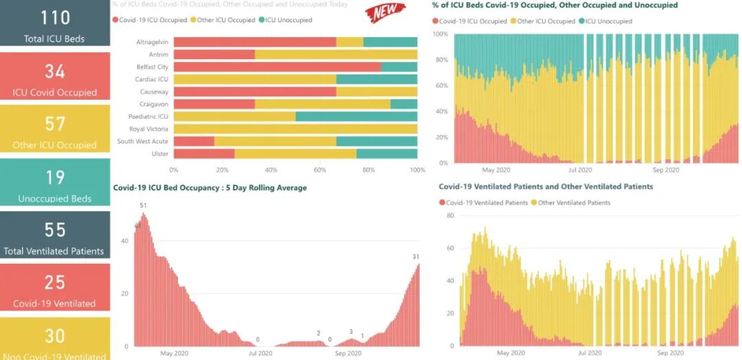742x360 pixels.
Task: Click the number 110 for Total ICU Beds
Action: click(54, 18)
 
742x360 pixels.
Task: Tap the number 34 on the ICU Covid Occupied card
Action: click(54, 71)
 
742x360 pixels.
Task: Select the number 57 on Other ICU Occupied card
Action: click(54, 124)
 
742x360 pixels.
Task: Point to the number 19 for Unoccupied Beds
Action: click(54, 177)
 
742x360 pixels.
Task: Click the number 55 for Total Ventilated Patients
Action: click(54, 229)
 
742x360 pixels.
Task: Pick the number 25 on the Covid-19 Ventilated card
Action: click(54, 282)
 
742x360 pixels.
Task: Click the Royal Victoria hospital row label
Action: click(149, 128)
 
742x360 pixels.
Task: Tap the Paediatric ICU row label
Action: click(151, 116)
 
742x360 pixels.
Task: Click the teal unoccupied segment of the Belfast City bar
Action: click(399, 67)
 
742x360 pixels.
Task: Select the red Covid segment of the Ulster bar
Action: click(203, 153)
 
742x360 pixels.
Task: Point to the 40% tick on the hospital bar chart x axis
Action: click(271, 170)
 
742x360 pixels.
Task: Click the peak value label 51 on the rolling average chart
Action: click(143, 205)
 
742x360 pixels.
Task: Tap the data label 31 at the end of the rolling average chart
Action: click(416, 257)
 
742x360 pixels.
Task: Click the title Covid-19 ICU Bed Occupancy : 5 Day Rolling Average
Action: click(210, 188)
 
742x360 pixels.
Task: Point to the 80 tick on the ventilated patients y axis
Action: click(451, 215)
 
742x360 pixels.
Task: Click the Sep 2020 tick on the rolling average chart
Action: click(348, 353)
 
